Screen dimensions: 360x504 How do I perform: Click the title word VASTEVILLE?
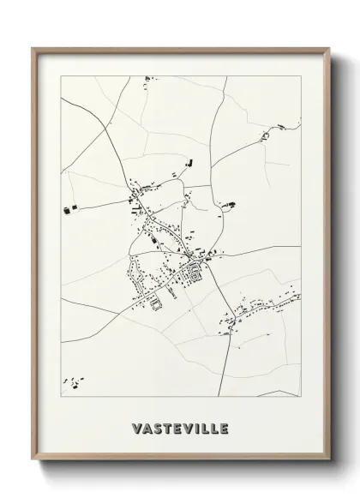pyautogui.click(x=181, y=427)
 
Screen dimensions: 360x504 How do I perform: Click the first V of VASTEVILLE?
pyautogui.click(x=137, y=427)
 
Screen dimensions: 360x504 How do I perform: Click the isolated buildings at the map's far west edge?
pyautogui.click(x=68, y=207)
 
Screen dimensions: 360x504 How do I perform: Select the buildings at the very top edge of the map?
pyautogui.click(x=147, y=79)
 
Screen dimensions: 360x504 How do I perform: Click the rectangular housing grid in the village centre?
pyautogui.click(x=194, y=274)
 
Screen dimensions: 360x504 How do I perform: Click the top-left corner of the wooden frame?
pyautogui.click(x=33, y=49)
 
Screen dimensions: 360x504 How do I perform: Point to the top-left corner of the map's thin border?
pyautogui.click(x=61, y=75)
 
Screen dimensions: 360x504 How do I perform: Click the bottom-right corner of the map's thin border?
pyautogui.click(x=301, y=396)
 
